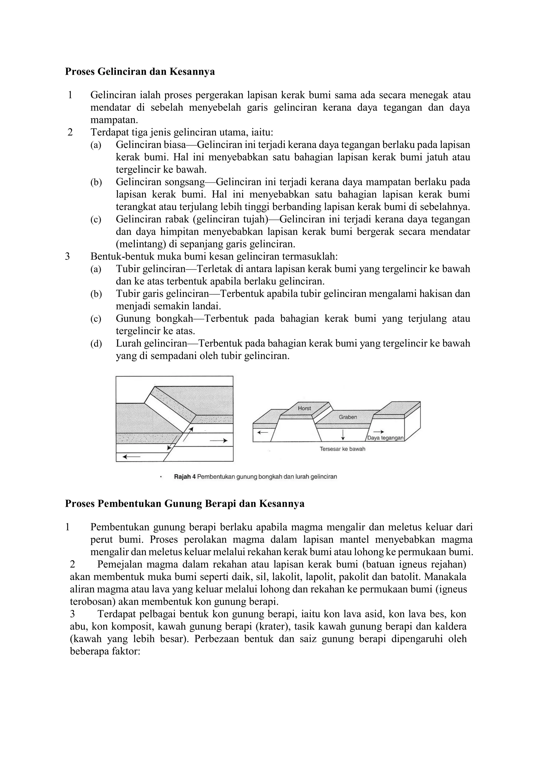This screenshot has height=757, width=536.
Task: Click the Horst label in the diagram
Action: [x=304, y=408]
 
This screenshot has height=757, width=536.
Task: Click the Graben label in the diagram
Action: [x=348, y=417]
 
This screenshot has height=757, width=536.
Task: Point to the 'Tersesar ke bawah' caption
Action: [x=342, y=449]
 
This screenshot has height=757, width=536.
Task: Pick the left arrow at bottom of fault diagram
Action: [x=131, y=457]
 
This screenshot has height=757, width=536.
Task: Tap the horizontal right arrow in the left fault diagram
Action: [x=219, y=440]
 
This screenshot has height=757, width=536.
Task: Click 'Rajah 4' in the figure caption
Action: [x=185, y=477]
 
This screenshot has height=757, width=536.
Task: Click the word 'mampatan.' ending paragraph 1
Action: [x=114, y=120]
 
